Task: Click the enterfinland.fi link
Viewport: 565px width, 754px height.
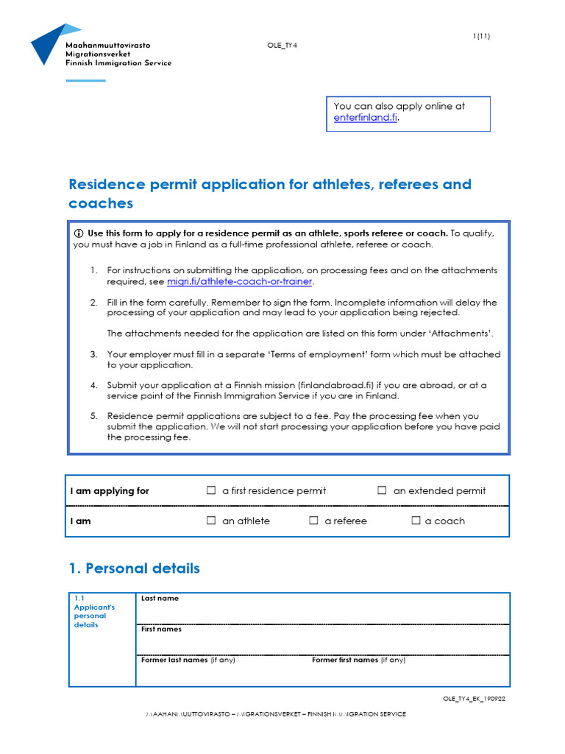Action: [x=365, y=118]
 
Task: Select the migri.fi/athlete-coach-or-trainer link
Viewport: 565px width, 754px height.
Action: [x=240, y=281]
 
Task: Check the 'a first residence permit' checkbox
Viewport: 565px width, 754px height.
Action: [x=212, y=490]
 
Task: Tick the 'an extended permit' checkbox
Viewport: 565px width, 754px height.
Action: [x=382, y=490]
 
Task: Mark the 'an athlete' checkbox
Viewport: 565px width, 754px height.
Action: [x=212, y=521]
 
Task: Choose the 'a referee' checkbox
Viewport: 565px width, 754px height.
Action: [x=313, y=521]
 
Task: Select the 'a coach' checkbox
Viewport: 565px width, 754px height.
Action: [x=416, y=521]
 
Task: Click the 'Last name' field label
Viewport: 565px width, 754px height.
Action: [x=160, y=599]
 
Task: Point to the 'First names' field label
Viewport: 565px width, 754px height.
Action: [x=161, y=630]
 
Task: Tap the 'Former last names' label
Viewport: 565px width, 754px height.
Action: [x=174, y=660]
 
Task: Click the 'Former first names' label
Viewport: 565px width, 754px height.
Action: [x=344, y=660]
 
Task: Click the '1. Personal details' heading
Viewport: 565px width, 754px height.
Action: [x=134, y=568]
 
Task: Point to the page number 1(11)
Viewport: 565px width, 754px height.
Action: [x=481, y=36]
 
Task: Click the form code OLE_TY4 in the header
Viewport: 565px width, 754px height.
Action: [x=282, y=46]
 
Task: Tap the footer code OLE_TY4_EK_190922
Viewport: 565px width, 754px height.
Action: [x=474, y=699]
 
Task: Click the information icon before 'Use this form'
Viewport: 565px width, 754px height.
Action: [x=79, y=233]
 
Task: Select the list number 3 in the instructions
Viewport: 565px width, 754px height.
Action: [x=93, y=354]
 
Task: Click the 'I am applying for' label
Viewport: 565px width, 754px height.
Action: [x=110, y=491]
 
